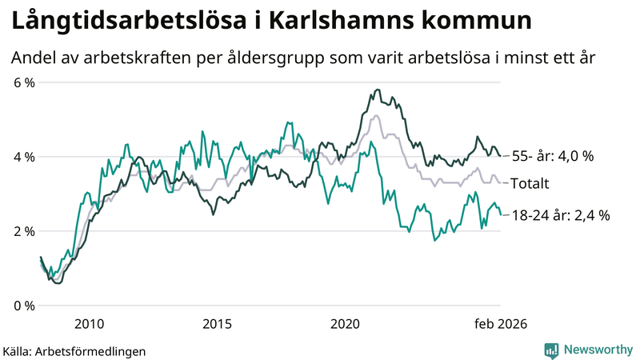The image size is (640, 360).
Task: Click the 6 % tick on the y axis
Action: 23,82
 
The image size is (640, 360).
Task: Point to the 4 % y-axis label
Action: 23,157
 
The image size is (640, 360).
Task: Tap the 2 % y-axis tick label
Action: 23,231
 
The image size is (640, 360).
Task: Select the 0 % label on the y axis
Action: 23,306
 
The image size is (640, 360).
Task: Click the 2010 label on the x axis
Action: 89,324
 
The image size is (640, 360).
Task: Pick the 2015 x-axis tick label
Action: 217,324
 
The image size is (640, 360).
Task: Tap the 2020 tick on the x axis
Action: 346,324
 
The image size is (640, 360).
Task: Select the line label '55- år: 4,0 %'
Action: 552,157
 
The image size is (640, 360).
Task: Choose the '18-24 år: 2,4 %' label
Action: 560,214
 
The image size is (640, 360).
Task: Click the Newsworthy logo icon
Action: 551,350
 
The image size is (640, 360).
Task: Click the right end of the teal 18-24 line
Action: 501,214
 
